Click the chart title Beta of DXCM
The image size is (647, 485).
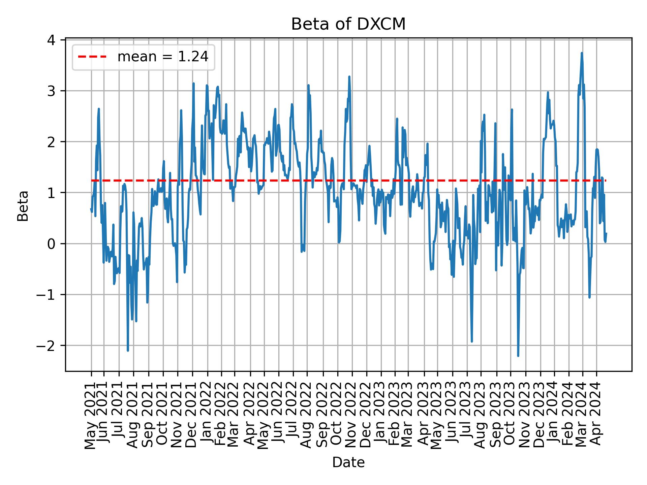pyautogui.click(x=348, y=24)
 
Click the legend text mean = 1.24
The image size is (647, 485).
pyautogui.click(x=163, y=57)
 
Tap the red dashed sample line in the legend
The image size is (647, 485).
pyautogui.click(x=92, y=57)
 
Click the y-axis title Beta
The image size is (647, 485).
pyautogui.click(x=23, y=206)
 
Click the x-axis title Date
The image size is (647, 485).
pyautogui.click(x=348, y=462)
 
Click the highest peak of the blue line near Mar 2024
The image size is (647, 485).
pyautogui.click(x=582, y=53)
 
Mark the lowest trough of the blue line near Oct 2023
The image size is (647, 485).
pyautogui.click(x=518, y=356)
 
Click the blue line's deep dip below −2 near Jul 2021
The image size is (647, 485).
pyautogui.click(x=128, y=351)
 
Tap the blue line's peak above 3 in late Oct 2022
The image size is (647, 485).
pyautogui.click(x=349, y=77)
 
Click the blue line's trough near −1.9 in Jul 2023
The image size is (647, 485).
pyautogui.click(x=472, y=342)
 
